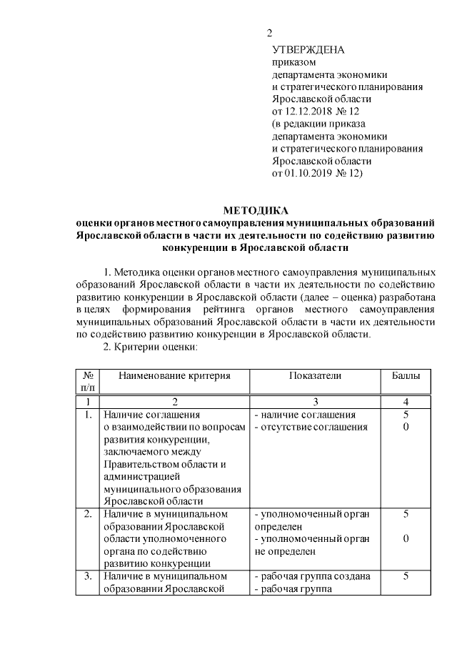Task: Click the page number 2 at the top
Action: [x=269, y=33]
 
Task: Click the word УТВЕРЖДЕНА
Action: [x=308, y=49]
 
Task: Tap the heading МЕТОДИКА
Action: [x=255, y=211]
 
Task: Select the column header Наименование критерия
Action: [x=174, y=375]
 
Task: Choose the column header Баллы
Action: [x=406, y=375]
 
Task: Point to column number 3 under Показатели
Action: [x=316, y=402]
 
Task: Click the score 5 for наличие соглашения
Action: [x=406, y=415]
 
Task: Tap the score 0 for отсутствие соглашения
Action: [x=406, y=427]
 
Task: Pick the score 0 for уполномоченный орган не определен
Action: [x=406, y=538]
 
